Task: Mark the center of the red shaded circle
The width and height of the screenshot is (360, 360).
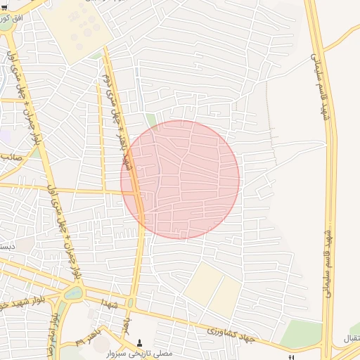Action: coord(180,179)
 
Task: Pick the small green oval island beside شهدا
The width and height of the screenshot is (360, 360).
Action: coord(131,303)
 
